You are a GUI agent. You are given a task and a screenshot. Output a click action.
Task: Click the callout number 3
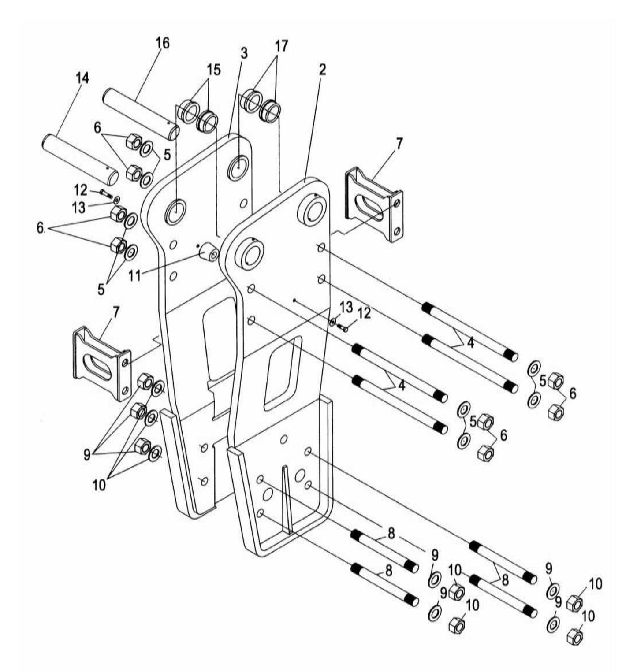point(244,53)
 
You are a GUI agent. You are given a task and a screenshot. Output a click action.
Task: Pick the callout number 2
point(322,69)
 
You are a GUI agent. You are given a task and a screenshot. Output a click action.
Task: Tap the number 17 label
point(281,46)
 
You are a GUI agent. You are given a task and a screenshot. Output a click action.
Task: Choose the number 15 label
point(214,70)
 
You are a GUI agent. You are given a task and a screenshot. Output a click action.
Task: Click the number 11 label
point(134,276)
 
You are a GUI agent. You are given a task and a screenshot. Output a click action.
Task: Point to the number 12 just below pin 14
point(81,190)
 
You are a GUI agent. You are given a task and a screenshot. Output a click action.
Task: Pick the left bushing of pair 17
point(252,100)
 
